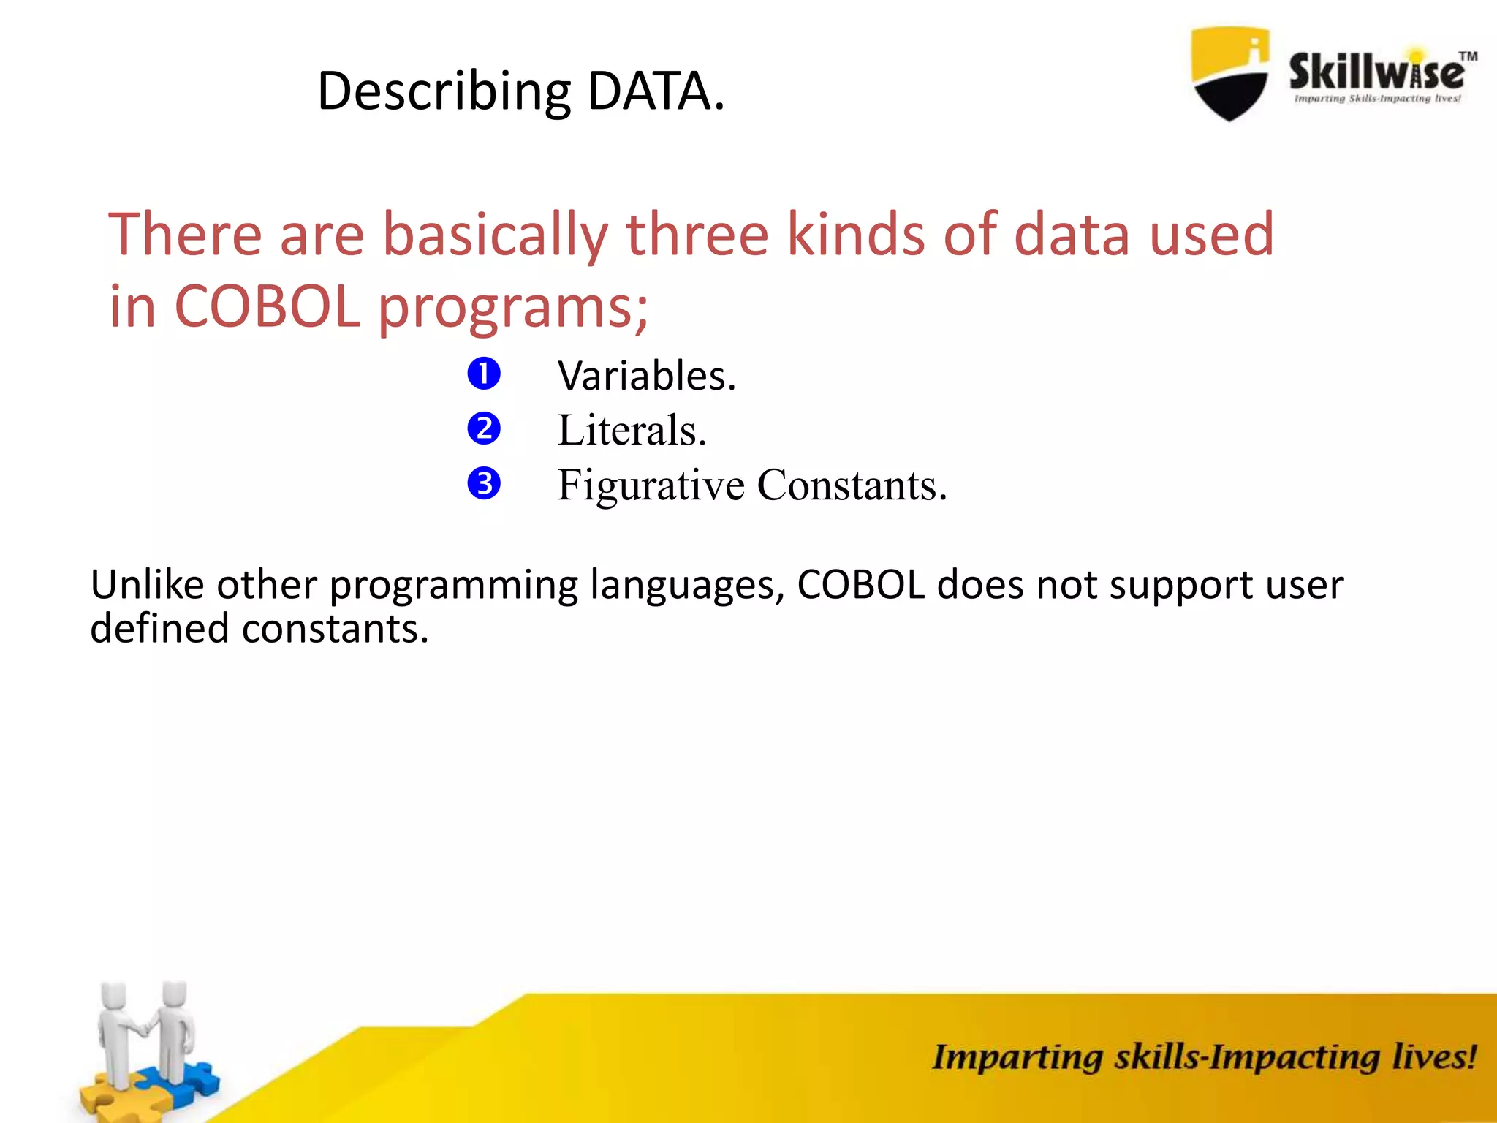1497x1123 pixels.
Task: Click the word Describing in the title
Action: (x=444, y=93)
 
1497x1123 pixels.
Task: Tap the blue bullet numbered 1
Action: (x=484, y=374)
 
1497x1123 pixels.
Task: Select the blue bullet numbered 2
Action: (x=484, y=428)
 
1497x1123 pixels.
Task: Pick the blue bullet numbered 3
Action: (x=484, y=483)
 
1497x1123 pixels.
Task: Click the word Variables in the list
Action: (x=646, y=376)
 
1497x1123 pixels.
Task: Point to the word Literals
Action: (x=632, y=430)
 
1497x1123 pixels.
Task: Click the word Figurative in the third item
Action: (x=651, y=485)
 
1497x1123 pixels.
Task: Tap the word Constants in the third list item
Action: (x=852, y=485)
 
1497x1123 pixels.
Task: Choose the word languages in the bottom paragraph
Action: (x=686, y=586)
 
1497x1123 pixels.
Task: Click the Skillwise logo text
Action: (x=1376, y=72)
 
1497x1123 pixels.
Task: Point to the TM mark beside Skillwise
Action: (x=1468, y=56)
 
